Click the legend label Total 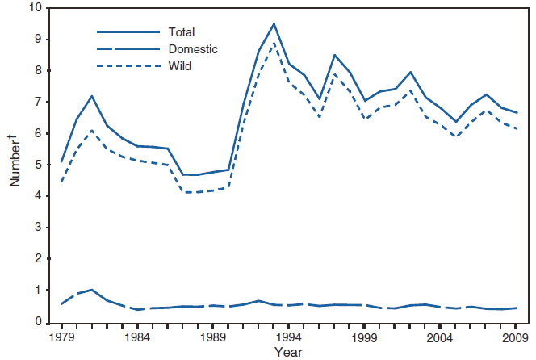point(182,32)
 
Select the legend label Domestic point(193,49)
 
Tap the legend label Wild point(180,65)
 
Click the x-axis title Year point(287,352)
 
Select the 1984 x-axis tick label point(137,337)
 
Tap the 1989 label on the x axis point(213,337)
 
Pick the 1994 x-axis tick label point(289,337)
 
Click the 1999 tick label point(365,337)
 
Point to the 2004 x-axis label point(441,337)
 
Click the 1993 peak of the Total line point(274,23)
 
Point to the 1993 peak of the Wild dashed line point(274,43)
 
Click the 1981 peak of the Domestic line point(92,290)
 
